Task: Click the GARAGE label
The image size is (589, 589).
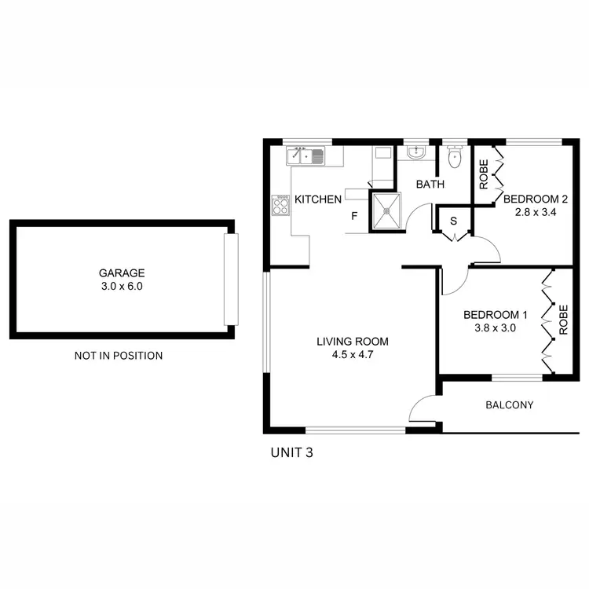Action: pos(122,273)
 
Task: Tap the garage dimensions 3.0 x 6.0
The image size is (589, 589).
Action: pos(122,287)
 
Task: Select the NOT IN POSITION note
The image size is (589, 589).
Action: pos(119,356)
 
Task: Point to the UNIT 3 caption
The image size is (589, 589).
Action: pos(292,452)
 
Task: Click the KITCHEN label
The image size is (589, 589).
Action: pos(318,200)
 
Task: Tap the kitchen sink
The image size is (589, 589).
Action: pos(305,156)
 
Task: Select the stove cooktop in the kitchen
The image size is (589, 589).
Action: pos(280,207)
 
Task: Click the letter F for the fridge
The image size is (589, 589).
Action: pos(354,216)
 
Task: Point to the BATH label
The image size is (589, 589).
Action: pos(430,185)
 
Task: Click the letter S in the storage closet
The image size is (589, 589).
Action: pos(453,221)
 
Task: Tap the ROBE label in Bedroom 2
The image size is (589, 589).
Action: pos(484,174)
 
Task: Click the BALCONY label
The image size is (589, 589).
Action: pos(509,405)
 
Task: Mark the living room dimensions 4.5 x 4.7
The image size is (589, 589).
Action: pos(352,355)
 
